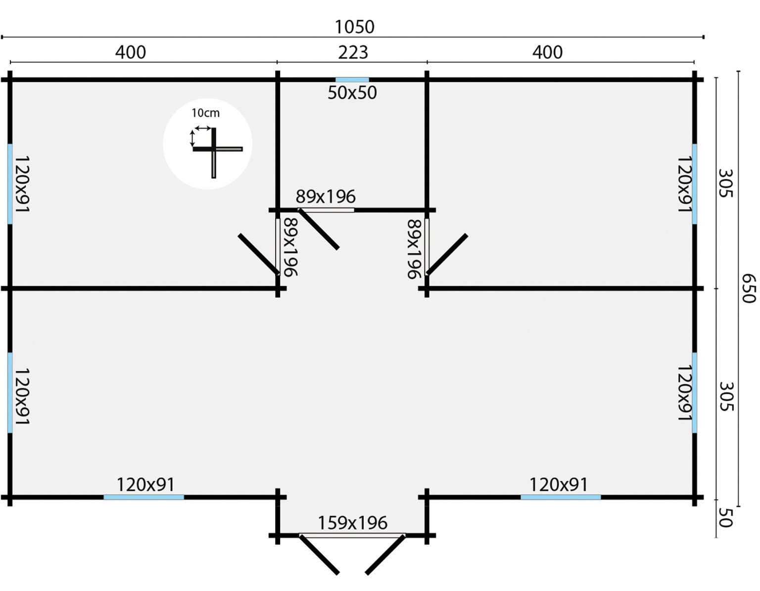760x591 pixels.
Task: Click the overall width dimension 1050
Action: click(354, 27)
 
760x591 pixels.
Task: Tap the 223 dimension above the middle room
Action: click(353, 52)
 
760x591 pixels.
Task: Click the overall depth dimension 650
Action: click(749, 288)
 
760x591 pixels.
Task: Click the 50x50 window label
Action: click(352, 93)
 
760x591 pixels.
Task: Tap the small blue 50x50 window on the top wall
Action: click(352, 80)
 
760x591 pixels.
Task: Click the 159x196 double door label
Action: click(352, 523)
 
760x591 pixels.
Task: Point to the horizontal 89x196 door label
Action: click(325, 197)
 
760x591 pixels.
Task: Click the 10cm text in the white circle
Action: click(205, 113)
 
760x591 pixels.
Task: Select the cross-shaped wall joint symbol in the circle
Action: click(214, 149)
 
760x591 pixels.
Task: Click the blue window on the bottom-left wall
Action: click(143, 497)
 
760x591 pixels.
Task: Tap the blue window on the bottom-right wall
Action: click(561, 497)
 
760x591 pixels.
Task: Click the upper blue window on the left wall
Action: click(10, 184)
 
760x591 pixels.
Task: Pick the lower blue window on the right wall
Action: click(695, 392)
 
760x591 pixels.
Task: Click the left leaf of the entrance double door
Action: click(319, 554)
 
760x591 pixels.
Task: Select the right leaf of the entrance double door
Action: click(386, 554)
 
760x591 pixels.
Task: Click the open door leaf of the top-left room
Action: click(259, 254)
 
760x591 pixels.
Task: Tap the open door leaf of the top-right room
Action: click(447, 254)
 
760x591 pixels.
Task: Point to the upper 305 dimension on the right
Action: click(725, 183)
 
